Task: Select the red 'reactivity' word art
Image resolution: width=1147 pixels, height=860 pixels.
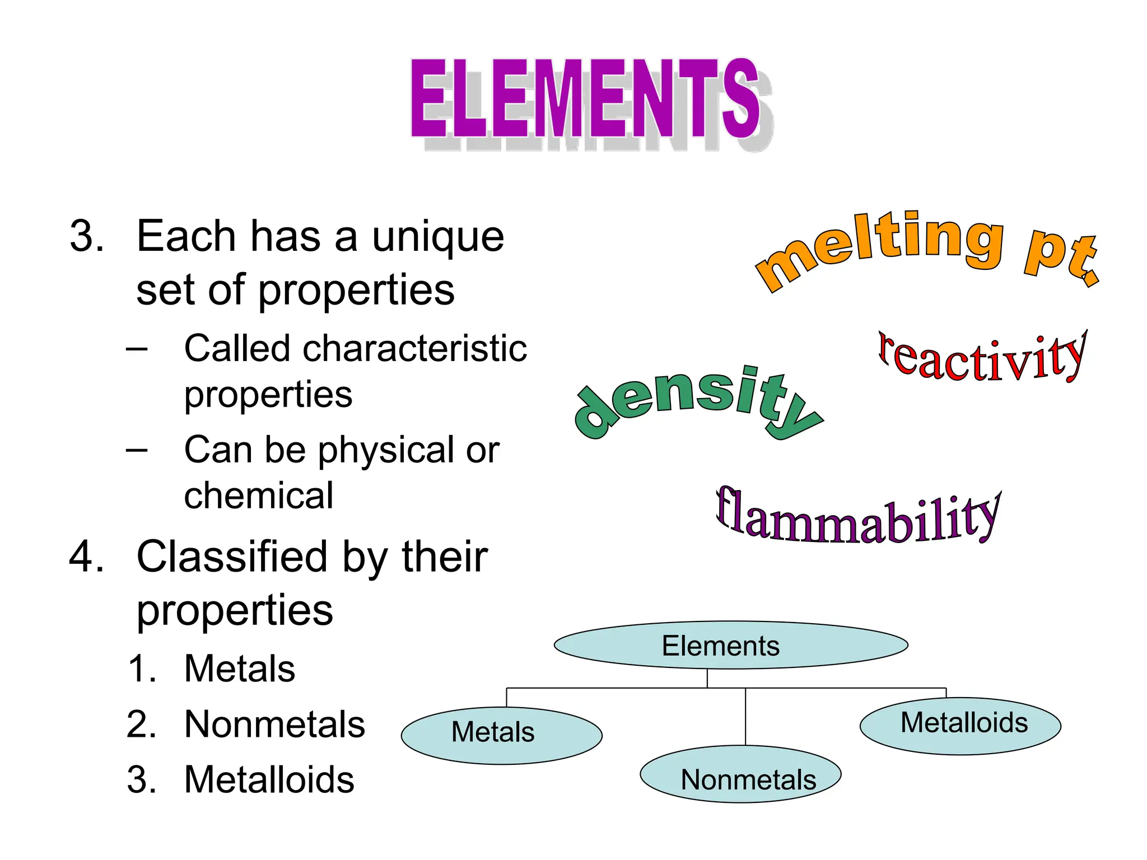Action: coord(983,358)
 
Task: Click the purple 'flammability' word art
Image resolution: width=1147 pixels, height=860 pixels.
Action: coord(857,518)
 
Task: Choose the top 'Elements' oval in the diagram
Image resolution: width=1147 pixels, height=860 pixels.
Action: coord(731,645)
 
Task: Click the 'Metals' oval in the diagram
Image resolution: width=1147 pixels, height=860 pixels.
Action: coord(501,735)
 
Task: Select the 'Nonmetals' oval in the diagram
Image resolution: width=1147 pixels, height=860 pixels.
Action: coord(740,774)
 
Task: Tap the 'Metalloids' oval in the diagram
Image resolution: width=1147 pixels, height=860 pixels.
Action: coord(961,726)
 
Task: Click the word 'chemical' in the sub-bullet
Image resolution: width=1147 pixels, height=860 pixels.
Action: coord(259,496)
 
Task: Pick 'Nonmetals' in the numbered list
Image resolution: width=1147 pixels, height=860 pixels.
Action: coord(274,725)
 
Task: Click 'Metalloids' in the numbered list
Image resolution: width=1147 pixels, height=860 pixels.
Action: coord(269,779)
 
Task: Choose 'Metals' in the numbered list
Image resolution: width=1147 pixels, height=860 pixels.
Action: coord(240,669)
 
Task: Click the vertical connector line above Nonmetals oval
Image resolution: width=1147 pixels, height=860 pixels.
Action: coord(745,717)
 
